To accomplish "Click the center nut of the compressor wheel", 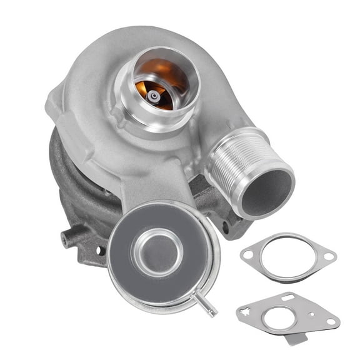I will click(154, 96).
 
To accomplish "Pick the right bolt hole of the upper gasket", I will click(329, 256).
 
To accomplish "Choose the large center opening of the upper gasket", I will click(288, 257).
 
